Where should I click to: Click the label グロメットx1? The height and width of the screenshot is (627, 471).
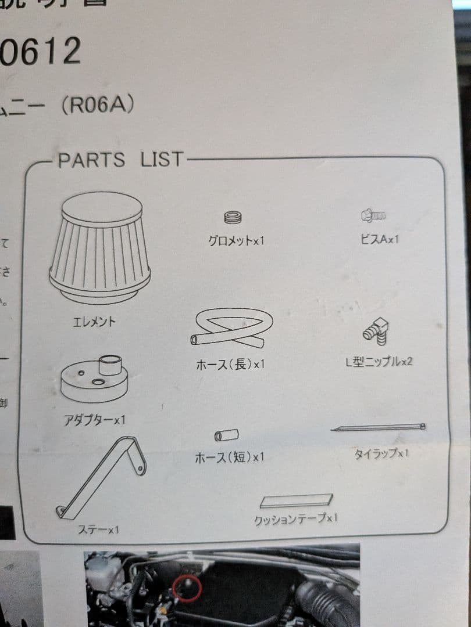236,239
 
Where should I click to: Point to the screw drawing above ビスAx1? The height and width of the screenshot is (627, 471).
373,216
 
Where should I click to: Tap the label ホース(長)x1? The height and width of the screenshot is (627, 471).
230,365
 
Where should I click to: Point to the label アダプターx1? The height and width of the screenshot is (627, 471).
94,419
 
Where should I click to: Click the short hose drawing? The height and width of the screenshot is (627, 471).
226,435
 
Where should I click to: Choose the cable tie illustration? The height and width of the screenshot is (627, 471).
378,428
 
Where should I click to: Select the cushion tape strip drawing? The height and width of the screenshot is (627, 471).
297,500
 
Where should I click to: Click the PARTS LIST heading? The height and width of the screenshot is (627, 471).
120,160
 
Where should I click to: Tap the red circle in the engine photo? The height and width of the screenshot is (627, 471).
187,589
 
